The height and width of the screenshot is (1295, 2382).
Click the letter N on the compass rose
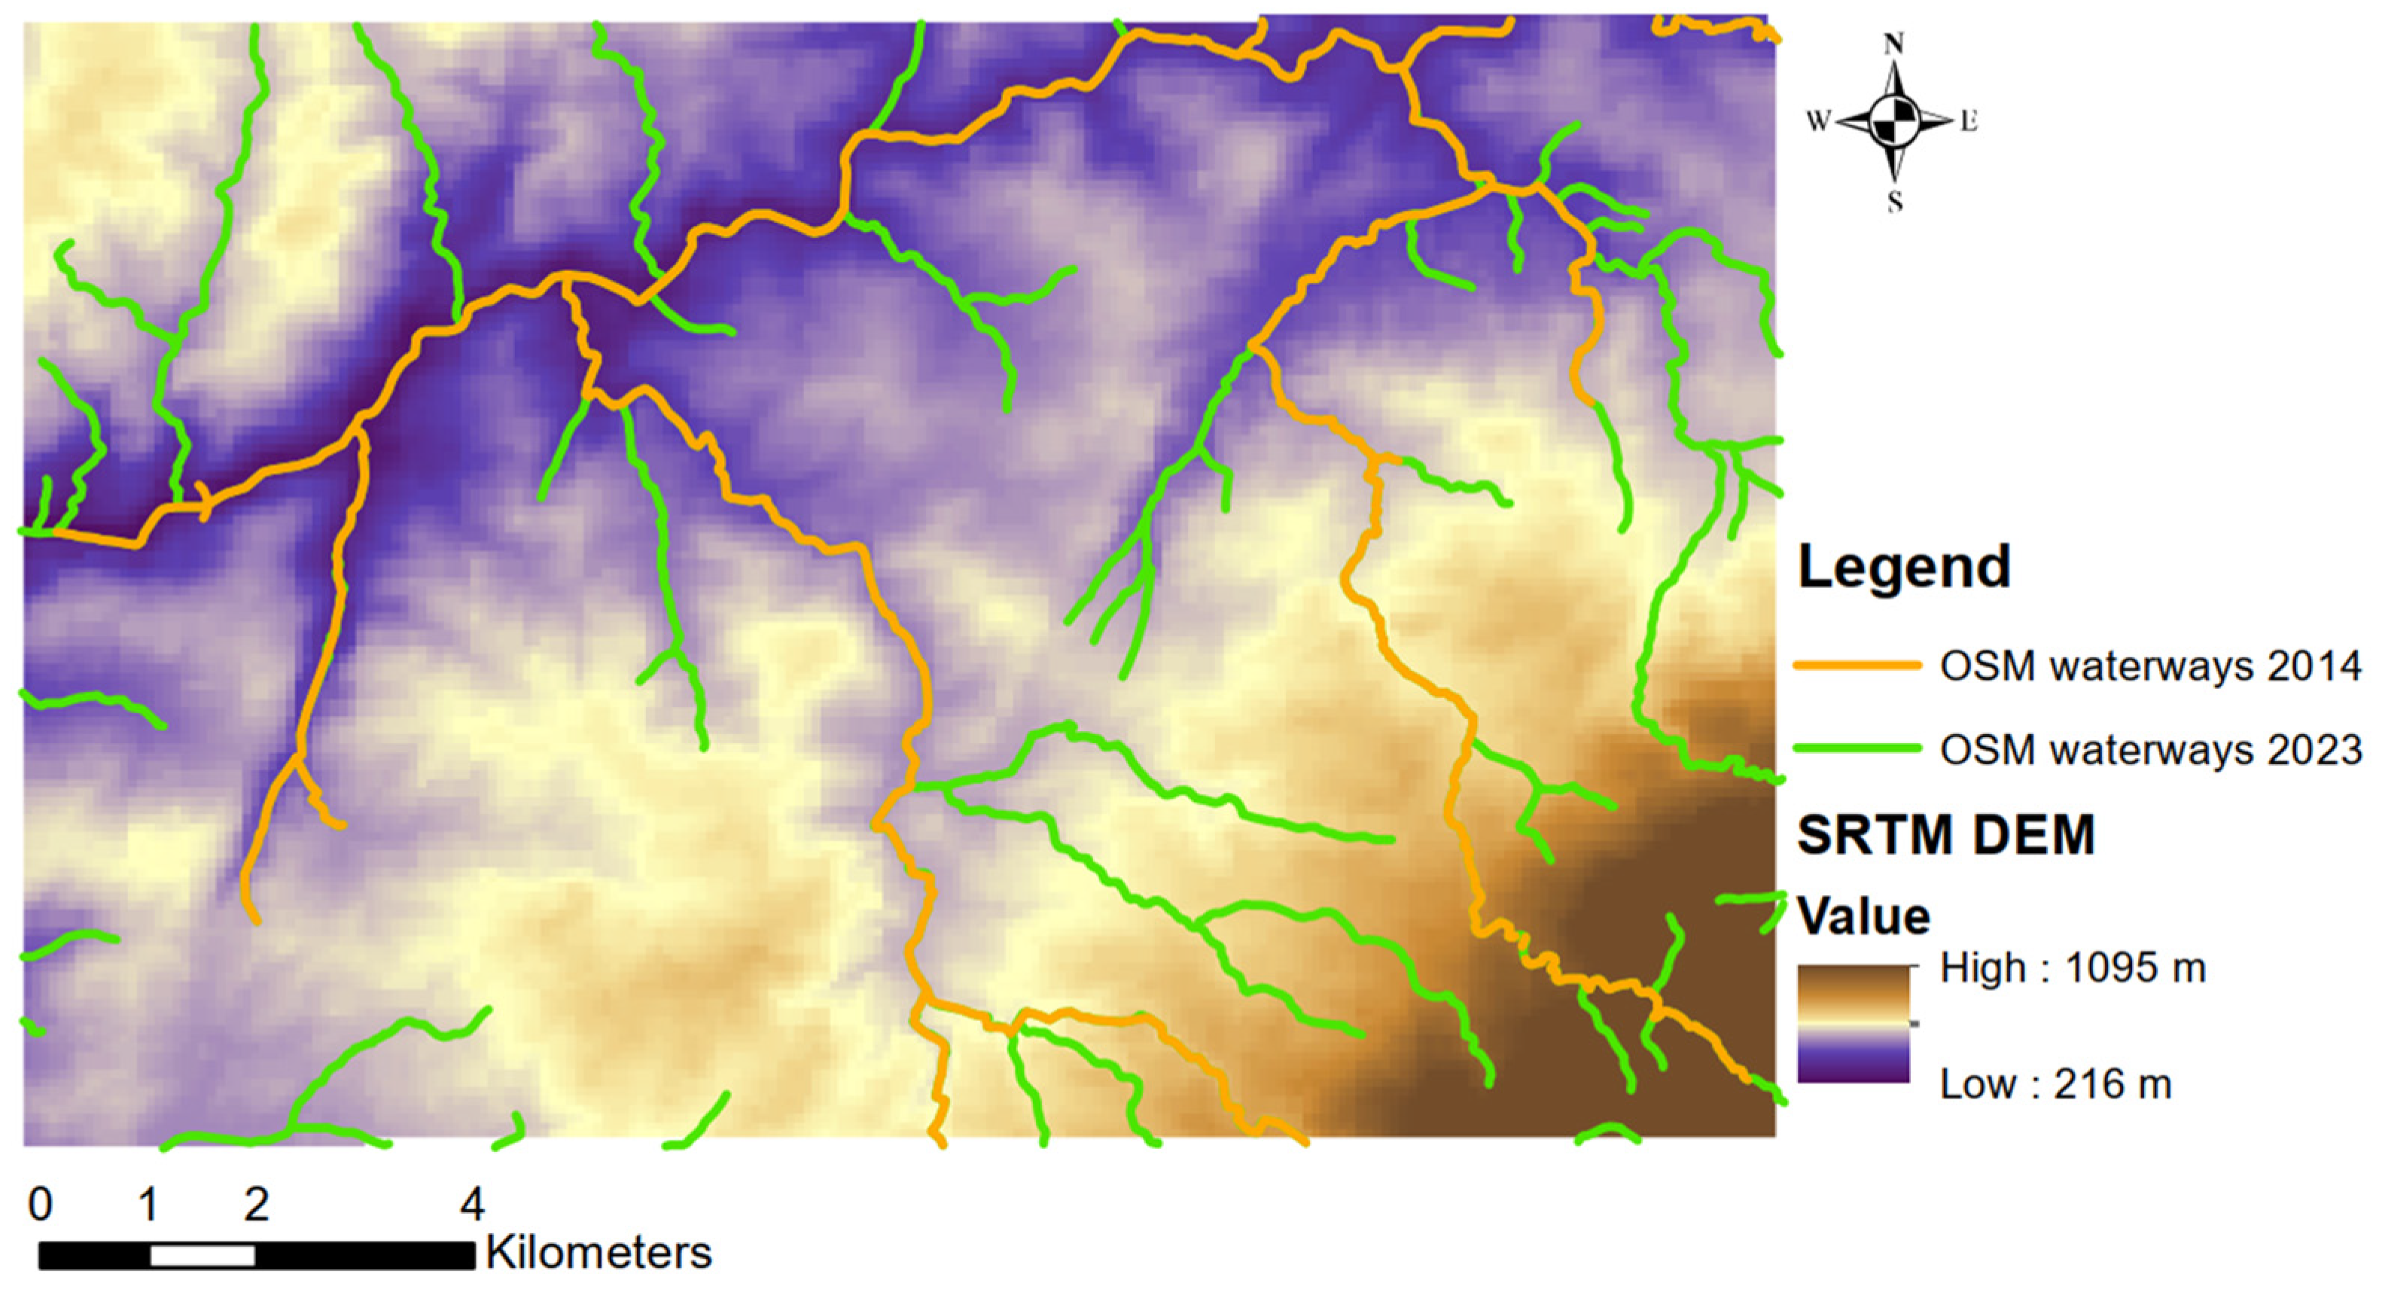[1893, 44]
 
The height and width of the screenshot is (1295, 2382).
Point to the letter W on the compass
[1818, 121]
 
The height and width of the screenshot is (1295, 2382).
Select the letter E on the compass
[1969, 121]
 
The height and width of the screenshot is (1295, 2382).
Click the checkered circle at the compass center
[1893, 121]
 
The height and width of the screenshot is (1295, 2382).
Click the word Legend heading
[1904, 566]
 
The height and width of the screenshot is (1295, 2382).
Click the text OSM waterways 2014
[2151, 666]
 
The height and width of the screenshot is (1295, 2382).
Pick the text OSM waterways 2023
[2151, 748]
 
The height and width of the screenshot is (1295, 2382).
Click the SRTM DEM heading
[1945, 834]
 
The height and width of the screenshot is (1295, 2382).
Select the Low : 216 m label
[2055, 1083]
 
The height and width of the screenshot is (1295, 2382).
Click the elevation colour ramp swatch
[1853, 1023]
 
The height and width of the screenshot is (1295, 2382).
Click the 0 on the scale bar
[40, 1205]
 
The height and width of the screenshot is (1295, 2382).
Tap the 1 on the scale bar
[148, 1205]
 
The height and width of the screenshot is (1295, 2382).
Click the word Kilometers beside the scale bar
[599, 1254]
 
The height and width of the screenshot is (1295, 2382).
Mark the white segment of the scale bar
[203, 1256]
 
